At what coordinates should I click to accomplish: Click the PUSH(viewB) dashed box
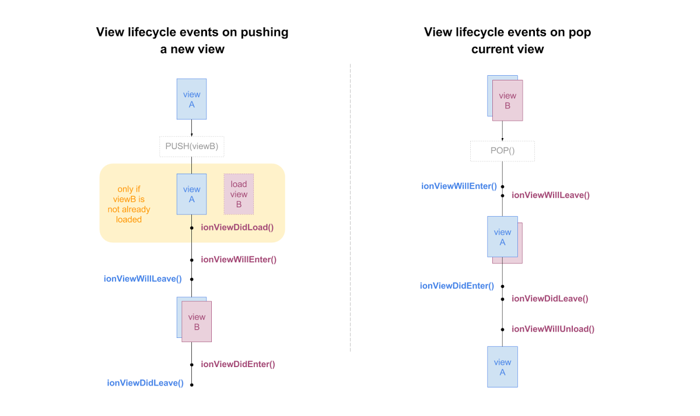(x=191, y=146)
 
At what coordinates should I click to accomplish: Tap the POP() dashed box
(x=502, y=151)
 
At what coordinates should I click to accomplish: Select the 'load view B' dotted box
(x=239, y=195)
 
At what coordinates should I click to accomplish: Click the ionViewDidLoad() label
(x=237, y=227)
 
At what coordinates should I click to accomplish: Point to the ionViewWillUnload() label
(x=553, y=329)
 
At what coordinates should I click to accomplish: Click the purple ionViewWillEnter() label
(x=239, y=259)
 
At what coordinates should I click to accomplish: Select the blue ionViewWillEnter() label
(x=459, y=186)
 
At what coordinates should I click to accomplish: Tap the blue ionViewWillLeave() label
(x=143, y=278)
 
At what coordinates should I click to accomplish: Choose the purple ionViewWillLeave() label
(x=551, y=195)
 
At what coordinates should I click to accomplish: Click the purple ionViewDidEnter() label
(x=238, y=364)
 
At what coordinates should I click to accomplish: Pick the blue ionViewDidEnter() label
(x=457, y=285)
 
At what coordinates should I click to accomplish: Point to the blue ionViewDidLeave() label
(x=145, y=383)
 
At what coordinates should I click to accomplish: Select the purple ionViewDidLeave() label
(x=550, y=298)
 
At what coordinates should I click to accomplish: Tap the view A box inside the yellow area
(x=191, y=194)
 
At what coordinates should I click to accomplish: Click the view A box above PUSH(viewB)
(x=191, y=99)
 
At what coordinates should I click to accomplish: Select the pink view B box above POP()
(x=508, y=101)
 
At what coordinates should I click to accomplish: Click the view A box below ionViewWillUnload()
(x=502, y=367)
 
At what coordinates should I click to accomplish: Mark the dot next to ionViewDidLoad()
(x=191, y=228)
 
